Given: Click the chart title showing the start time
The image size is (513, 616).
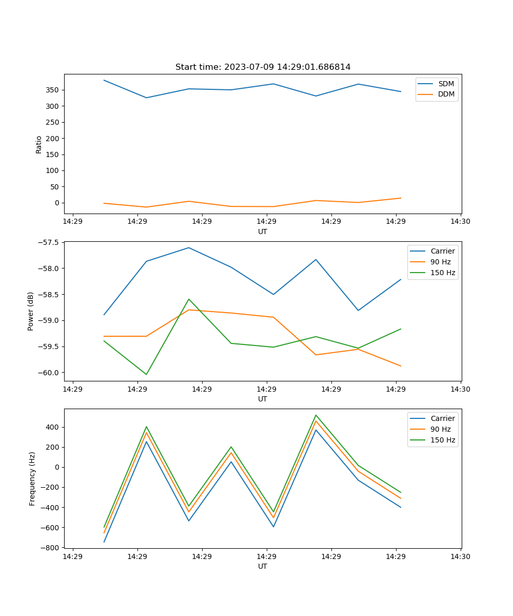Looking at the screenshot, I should pos(263,67).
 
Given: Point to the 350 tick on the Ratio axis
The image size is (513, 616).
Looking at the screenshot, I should pos(53,90).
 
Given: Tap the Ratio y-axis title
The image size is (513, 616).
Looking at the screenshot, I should pos(39,144).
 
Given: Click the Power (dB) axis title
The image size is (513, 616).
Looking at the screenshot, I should pos(31,311).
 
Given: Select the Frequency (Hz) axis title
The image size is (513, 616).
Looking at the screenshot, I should pos(32,478).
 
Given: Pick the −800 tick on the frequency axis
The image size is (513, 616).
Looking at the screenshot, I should pos(51,548).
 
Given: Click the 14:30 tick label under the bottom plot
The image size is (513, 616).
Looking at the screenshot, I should pos(460,556).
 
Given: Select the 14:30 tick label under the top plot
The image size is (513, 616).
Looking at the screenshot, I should pos(460,222).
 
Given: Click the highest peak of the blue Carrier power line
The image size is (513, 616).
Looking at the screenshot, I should pos(189,247).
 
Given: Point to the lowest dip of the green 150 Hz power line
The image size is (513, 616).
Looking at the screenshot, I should pos(146,374).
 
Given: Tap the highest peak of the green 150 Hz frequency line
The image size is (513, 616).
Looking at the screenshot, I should pos(316,415).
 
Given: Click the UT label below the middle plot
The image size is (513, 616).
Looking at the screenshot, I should pos(263,399).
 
